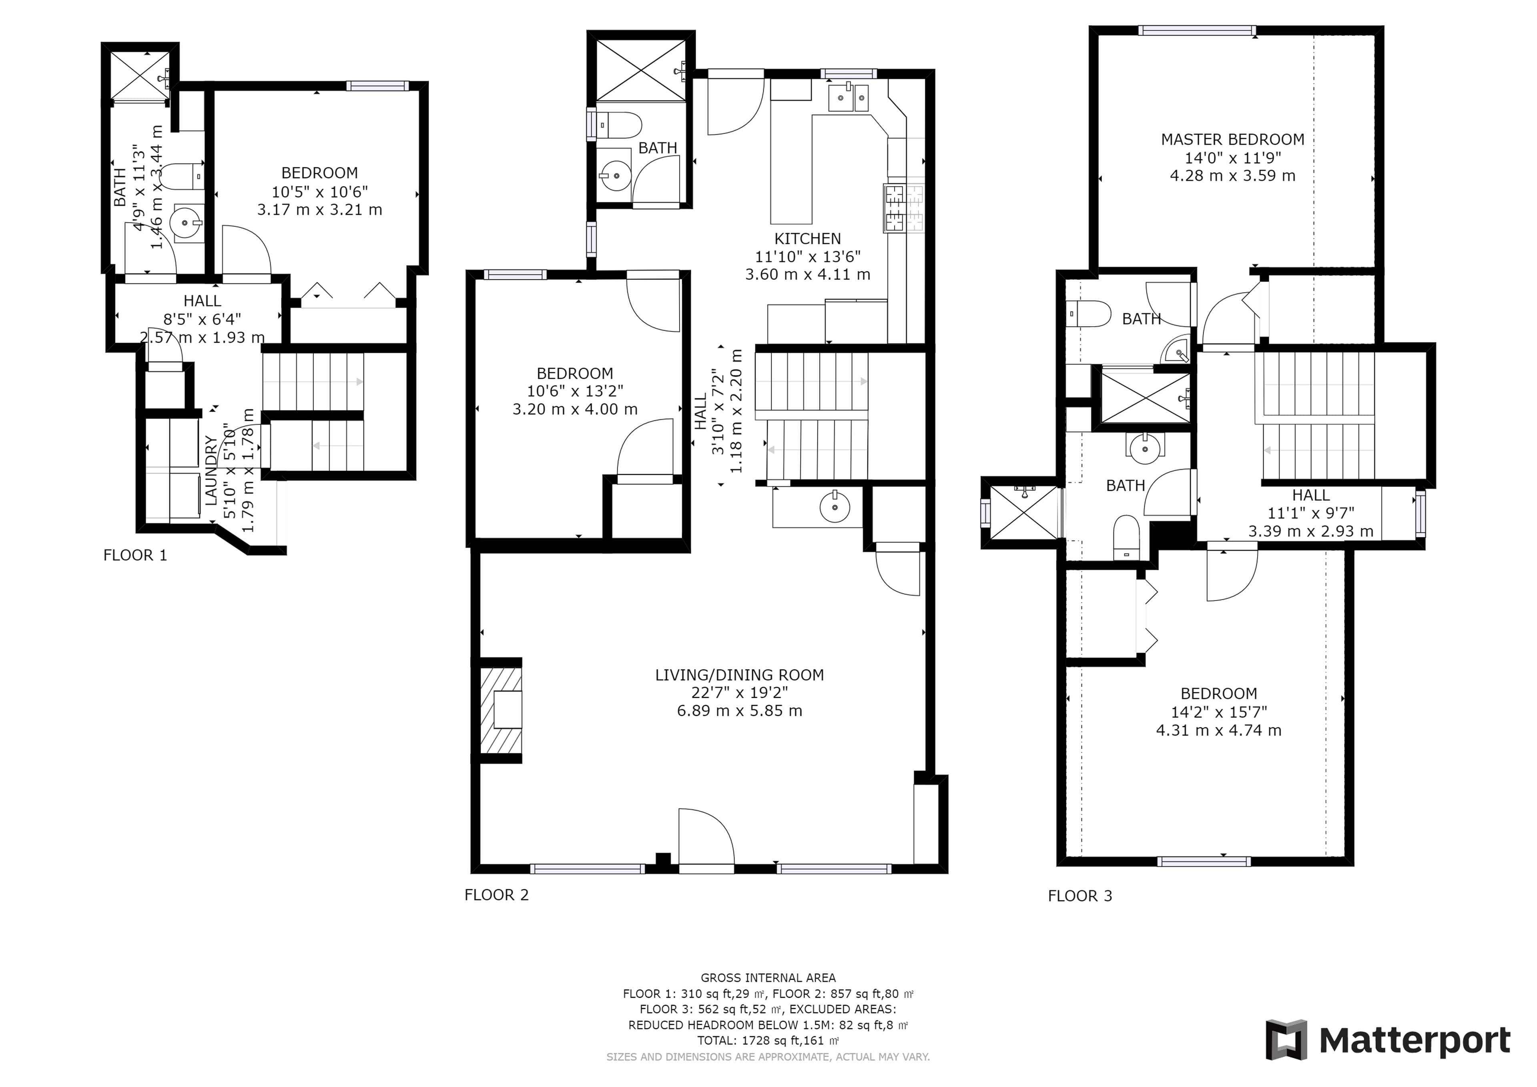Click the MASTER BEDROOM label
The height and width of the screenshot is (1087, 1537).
(x=1232, y=139)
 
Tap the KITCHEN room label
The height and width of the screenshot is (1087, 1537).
(x=807, y=239)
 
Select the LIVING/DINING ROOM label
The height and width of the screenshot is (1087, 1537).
(x=739, y=675)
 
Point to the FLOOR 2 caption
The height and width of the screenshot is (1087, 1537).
(x=497, y=895)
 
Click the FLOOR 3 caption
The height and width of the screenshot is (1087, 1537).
(x=1080, y=896)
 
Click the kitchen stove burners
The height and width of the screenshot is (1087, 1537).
(x=904, y=208)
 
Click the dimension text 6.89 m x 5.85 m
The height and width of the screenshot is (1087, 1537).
(x=739, y=711)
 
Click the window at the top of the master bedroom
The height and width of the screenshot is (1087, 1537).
(x=1196, y=30)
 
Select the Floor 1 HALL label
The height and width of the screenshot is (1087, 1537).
(x=202, y=301)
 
